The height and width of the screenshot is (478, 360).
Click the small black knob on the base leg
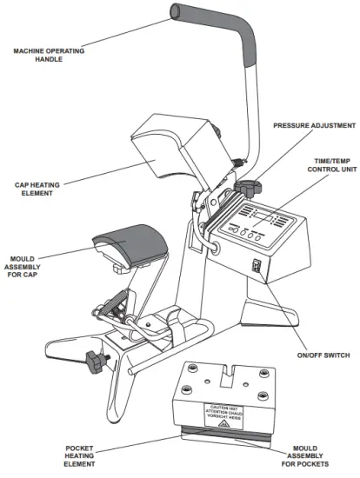tap(94, 357)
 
